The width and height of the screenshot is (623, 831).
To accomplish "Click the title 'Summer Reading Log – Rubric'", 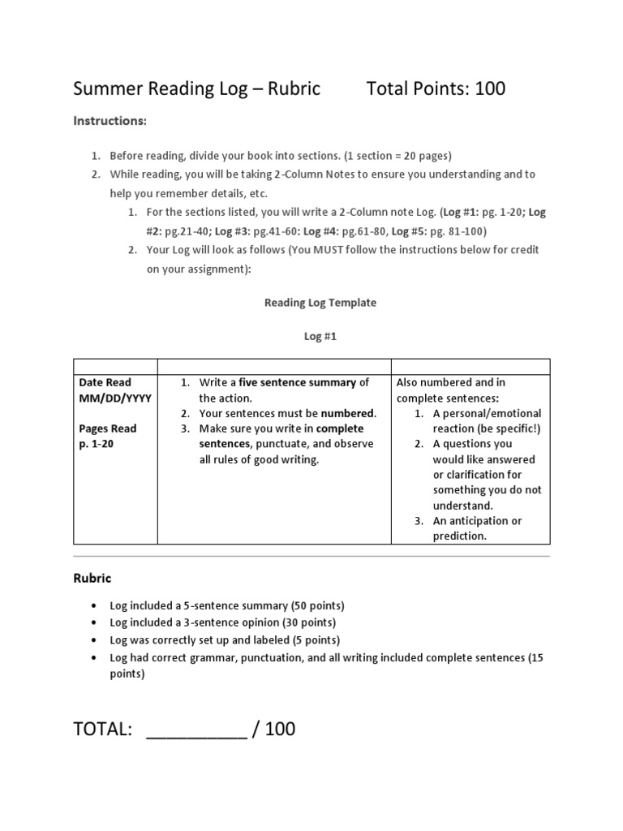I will click(x=196, y=88).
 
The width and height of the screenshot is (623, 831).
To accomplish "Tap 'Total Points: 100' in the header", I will click(x=436, y=88).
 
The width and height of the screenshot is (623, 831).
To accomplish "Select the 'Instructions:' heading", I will click(x=110, y=121).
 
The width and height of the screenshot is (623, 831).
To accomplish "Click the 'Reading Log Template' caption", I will click(x=320, y=303).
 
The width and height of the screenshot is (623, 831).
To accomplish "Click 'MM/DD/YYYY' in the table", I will click(x=115, y=398).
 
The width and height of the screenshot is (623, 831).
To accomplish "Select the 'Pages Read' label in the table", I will click(x=108, y=428).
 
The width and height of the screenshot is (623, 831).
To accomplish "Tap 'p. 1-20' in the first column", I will click(x=97, y=444).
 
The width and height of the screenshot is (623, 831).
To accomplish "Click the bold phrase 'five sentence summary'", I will click(x=298, y=382).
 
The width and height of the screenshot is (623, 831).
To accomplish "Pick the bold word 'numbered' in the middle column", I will click(x=347, y=413).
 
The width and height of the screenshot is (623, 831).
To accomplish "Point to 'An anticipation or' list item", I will click(x=477, y=521).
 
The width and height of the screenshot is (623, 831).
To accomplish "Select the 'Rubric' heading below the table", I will click(x=92, y=579).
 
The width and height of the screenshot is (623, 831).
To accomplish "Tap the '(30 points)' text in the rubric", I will click(x=308, y=622).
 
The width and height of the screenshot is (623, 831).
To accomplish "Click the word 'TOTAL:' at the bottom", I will click(x=103, y=730).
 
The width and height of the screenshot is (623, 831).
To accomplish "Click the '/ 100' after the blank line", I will click(x=274, y=730).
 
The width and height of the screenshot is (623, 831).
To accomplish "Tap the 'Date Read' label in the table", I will click(x=105, y=382).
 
